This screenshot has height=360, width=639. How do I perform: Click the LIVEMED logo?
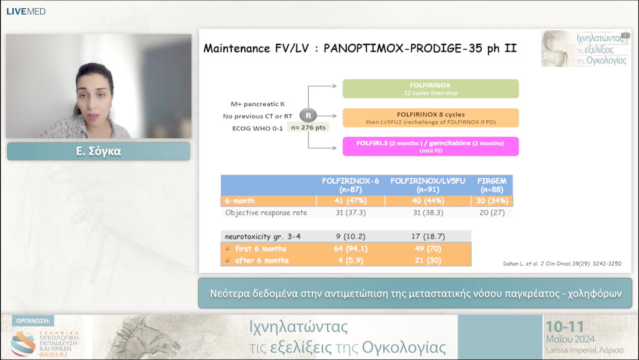(25, 11)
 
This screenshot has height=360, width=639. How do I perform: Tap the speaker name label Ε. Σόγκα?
(98, 151)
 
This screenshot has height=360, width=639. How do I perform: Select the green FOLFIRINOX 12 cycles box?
(430, 89)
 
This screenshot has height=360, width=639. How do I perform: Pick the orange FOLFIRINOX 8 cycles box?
(430, 118)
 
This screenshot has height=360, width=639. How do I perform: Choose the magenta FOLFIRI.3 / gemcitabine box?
(430, 146)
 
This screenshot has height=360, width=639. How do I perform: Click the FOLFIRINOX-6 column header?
(350, 185)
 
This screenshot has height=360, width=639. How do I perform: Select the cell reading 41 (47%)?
(350, 201)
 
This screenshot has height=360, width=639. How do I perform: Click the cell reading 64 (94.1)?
(350, 249)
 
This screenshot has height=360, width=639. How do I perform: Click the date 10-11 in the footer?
(564, 327)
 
